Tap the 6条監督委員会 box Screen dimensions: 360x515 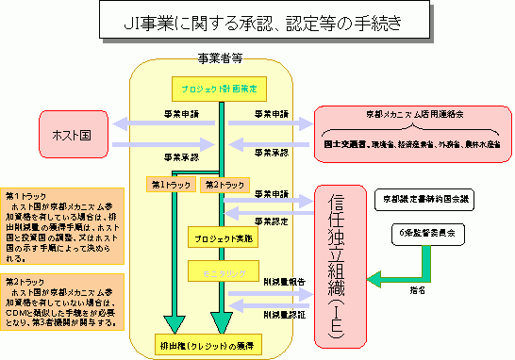[419, 230]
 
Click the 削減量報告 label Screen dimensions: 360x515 [282, 281]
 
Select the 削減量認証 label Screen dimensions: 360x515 [282, 313]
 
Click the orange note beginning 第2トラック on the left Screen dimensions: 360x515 [63, 302]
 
